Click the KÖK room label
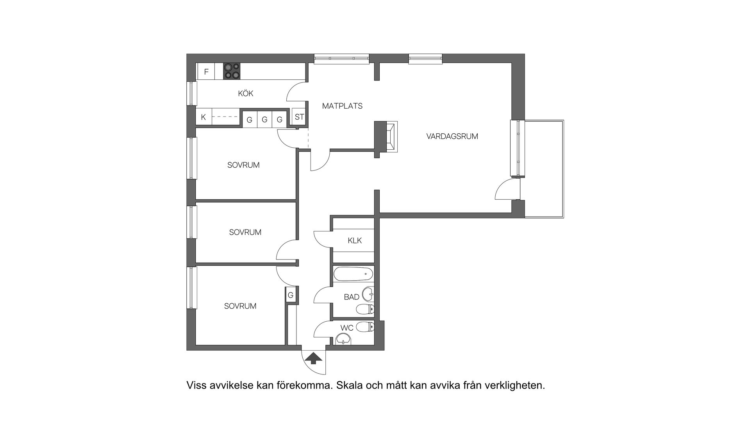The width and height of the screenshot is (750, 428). click(x=246, y=93)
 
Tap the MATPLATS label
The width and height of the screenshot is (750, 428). click(x=342, y=106)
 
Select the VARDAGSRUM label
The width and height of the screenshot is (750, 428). click(x=452, y=136)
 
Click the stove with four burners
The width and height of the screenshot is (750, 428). click(x=232, y=72)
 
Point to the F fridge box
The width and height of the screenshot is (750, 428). click(x=206, y=72)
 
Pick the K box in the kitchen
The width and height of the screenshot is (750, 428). click(x=204, y=117)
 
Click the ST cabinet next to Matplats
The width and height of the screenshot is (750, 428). click(x=299, y=117)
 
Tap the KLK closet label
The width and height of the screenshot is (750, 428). click(x=355, y=240)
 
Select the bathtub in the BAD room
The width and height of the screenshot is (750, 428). click(x=353, y=274)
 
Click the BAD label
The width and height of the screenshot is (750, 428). click(x=352, y=297)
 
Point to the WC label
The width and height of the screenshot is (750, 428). click(x=347, y=328)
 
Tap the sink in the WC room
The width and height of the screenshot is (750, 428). click(x=343, y=339)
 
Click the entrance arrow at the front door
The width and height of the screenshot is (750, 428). click(x=313, y=358)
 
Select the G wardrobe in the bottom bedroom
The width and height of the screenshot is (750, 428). click(x=291, y=295)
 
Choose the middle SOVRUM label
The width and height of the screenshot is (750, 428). click(x=245, y=232)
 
